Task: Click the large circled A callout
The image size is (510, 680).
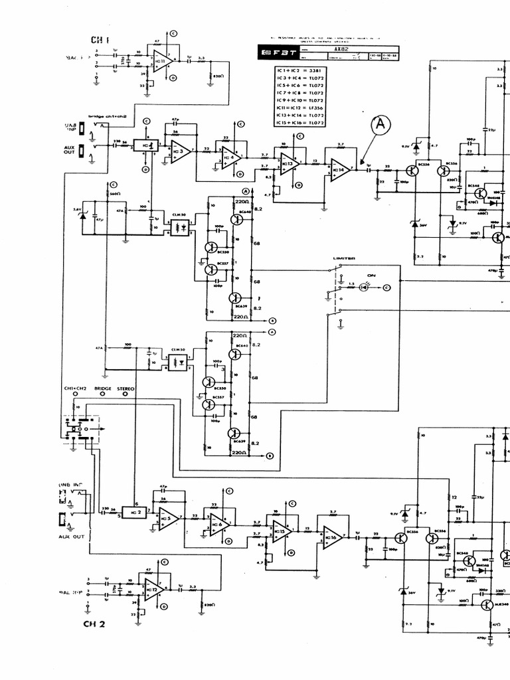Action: [381, 124]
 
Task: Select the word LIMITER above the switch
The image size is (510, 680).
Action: [344, 258]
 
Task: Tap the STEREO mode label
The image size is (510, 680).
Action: [126, 388]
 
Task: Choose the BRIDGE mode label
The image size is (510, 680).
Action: [103, 388]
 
